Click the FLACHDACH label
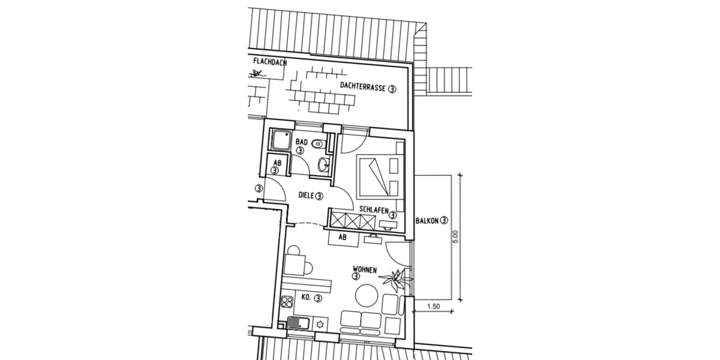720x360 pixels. click(x=269, y=61)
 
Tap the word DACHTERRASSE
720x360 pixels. click(x=362, y=87)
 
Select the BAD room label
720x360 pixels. click(x=302, y=142)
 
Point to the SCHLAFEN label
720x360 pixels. click(x=373, y=210)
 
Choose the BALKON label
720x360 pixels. click(x=427, y=220)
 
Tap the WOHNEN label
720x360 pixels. click(x=364, y=271)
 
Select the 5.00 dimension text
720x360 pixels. click(x=456, y=237)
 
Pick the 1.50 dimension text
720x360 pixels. click(x=432, y=307)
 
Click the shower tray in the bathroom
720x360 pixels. click(x=280, y=142)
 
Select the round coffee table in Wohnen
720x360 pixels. click(x=365, y=296)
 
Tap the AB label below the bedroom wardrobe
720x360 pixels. click(x=343, y=237)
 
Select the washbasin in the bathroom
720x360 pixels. click(x=324, y=164)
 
